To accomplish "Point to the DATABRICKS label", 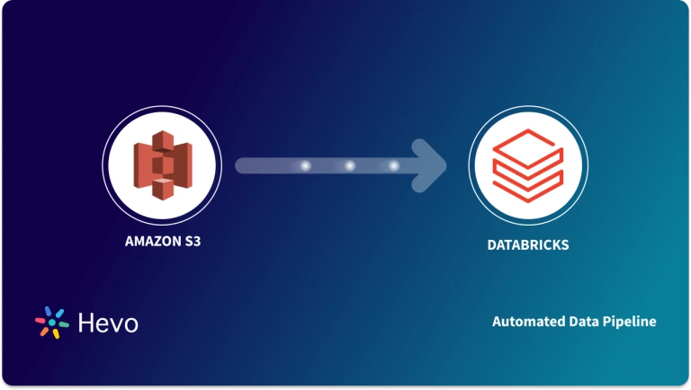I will coord(526,244).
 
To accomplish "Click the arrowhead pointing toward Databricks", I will coord(433,165).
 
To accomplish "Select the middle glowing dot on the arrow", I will coord(348,166).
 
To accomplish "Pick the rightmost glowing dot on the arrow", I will coord(393,166).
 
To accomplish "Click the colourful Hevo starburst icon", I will coord(49,323).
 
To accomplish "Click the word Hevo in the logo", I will coord(106,323).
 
